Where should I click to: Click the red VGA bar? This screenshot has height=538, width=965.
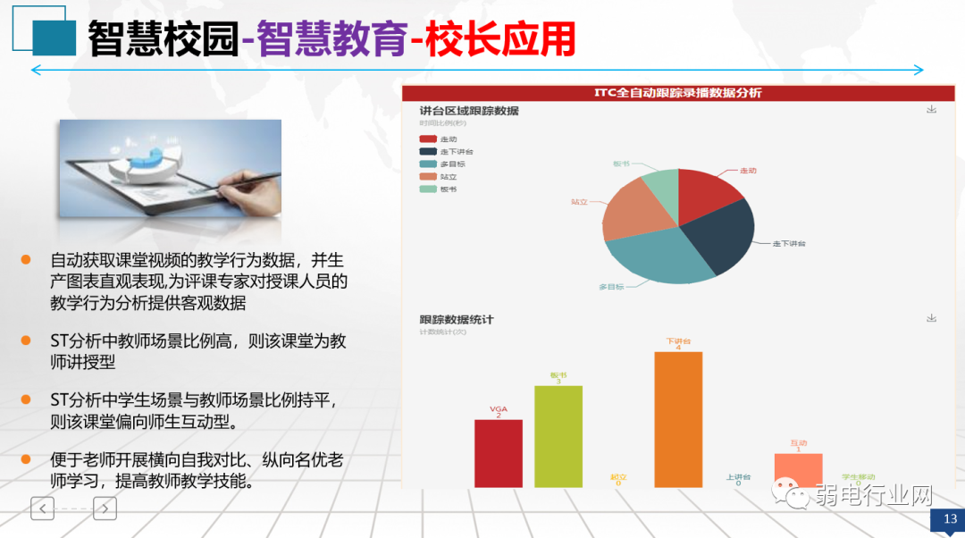(x=498, y=453)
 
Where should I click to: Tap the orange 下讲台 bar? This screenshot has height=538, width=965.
(x=678, y=419)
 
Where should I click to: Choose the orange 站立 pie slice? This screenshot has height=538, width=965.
(x=631, y=211)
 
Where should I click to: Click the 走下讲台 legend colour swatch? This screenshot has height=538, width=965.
(x=428, y=151)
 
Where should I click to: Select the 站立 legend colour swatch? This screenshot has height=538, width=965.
(x=428, y=176)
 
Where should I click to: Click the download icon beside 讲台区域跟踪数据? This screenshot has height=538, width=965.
(x=931, y=109)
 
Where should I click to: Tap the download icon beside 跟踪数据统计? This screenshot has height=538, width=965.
(x=931, y=318)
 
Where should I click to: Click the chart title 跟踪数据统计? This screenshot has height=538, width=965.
(x=457, y=319)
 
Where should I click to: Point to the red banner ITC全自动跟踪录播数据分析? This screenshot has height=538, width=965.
(x=678, y=93)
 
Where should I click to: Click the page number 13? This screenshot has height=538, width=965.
(x=949, y=519)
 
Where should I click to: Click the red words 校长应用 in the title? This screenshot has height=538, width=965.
(x=499, y=38)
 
